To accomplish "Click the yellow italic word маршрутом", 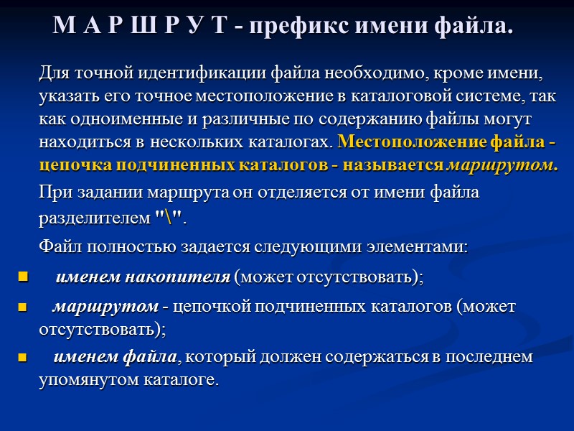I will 501,164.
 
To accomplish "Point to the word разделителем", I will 94,217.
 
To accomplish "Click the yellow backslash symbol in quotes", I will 169,217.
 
